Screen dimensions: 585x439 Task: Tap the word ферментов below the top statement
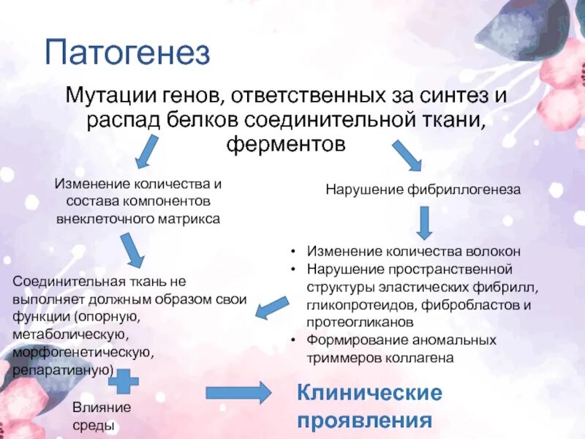click(x=285, y=144)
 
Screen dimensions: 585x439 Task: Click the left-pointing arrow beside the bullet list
click(x=271, y=307)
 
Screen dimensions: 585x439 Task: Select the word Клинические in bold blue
click(x=369, y=393)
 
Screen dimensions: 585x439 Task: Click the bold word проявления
click(x=363, y=421)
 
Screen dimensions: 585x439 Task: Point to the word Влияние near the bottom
click(x=101, y=408)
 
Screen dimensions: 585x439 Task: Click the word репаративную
click(x=62, y=370)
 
